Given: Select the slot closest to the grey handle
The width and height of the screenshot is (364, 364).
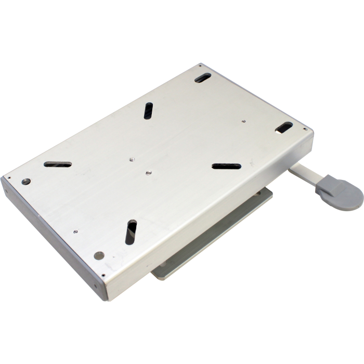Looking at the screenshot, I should point(284,126).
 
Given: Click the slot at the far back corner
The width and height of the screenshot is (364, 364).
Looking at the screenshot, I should point(203,78).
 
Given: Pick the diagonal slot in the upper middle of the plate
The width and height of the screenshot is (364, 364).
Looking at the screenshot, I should point(149,110).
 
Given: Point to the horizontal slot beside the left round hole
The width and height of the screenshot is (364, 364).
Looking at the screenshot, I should point(58,164).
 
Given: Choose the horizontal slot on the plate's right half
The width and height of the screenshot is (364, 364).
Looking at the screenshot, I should point(226,166).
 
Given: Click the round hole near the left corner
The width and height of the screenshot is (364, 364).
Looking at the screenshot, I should point(26,181).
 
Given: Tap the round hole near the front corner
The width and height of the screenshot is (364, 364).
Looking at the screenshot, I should point(99,255).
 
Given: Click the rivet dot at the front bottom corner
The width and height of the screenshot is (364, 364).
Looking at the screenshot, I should point(102,276).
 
